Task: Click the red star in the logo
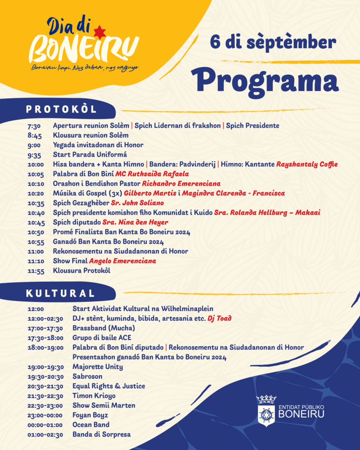(99, 32)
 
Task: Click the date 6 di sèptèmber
(273, 42)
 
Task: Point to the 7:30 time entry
(34, 126)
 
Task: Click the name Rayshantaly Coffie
(307, 164)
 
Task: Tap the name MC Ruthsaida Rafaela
(152, 174)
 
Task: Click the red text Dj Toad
(219, 319)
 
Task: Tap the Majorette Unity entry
(98, 367)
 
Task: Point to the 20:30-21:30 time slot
(45, 386)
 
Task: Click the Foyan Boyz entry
(90, 415)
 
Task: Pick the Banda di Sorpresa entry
(101, 435)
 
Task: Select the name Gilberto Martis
(150, 193)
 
